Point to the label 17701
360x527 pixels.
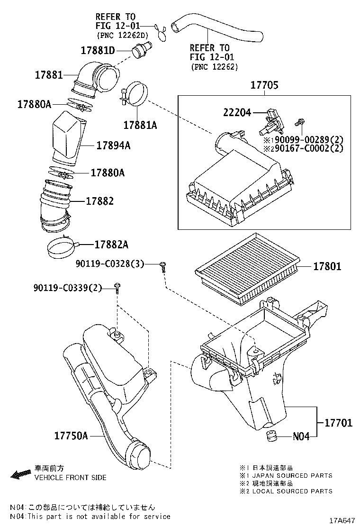(338, 422)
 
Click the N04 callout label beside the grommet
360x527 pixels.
(301, 436)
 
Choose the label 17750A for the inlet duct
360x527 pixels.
(71, 435)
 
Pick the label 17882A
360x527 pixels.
(111, 245)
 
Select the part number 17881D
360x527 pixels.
(98, 50)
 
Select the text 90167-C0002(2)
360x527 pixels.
(303, 148)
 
